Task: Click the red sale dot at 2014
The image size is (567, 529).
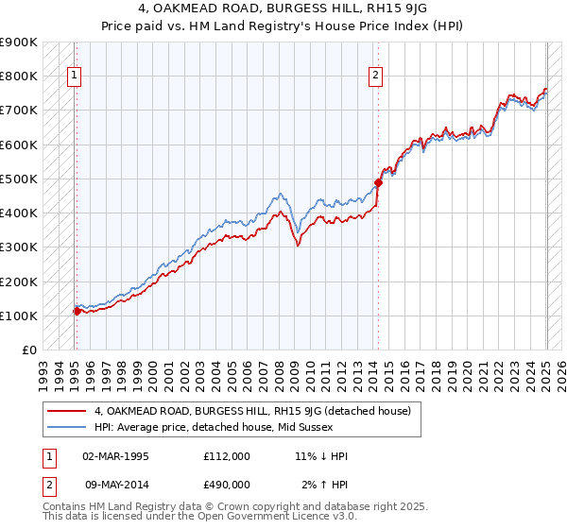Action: pos(378,182)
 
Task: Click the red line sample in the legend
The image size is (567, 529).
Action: pos(67,411)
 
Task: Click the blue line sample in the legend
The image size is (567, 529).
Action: pos(67,428)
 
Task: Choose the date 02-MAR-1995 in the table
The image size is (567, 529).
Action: pos(115,456)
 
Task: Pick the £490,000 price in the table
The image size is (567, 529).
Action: pos(227,484)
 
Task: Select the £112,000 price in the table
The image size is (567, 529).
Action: pos(227,456)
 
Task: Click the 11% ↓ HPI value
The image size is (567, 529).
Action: pos(321,456)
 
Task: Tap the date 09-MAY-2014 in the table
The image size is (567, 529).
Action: pos(115,484)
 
